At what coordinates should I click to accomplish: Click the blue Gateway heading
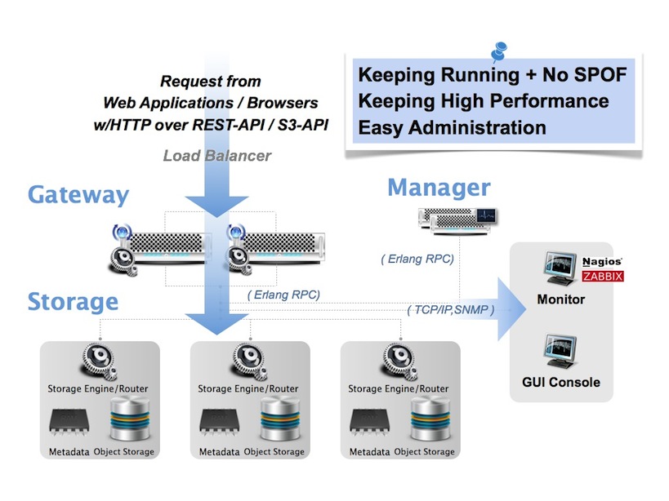click(x=78, y=196)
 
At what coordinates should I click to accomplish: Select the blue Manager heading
click(x=439, y=188)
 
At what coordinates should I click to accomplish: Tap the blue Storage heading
click(x=73, y=301)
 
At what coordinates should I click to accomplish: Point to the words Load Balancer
click(x=216, y=155)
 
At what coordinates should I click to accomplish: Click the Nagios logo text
click(x=604, y=263)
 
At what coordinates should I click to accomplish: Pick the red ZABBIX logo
click(x=604, y=277)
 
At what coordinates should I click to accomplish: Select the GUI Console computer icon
click(x=561, y=352)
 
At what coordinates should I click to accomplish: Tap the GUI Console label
click(x=561, y=382)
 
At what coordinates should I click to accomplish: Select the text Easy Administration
click(x=452, y=127)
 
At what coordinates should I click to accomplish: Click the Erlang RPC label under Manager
click(x=417, y=259)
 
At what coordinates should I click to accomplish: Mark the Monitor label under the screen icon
click(x=560, y=299)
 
